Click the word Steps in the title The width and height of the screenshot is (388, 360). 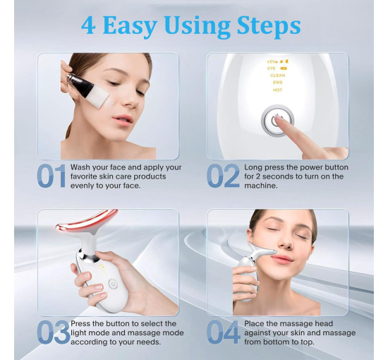point(269,25)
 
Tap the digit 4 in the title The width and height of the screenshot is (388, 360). point(88,25)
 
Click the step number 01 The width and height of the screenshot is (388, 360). point(51,176)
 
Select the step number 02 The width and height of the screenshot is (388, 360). point(223,176)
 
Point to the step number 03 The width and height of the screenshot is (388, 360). point(54,332)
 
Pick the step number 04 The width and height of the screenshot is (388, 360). point(224,332)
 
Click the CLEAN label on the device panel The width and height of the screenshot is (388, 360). point(278,76)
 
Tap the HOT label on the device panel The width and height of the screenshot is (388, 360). point(277,90)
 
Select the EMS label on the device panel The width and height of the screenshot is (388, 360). point(277,83)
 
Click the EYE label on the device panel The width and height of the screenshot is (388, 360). point(271,68)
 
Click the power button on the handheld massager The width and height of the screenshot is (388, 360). point(112,284)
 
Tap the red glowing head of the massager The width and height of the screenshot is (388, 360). point(85,221)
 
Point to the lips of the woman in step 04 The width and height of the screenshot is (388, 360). point(283,259)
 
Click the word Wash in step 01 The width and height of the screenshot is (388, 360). point(79,167)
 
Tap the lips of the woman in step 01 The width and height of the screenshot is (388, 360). point(123,119)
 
